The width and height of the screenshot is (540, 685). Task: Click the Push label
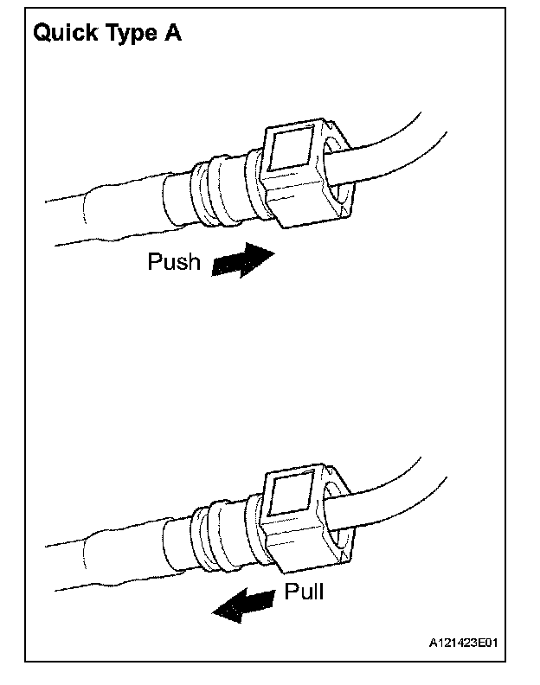175,261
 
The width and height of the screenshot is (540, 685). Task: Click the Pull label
304,592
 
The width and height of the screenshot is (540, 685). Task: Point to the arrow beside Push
241,260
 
